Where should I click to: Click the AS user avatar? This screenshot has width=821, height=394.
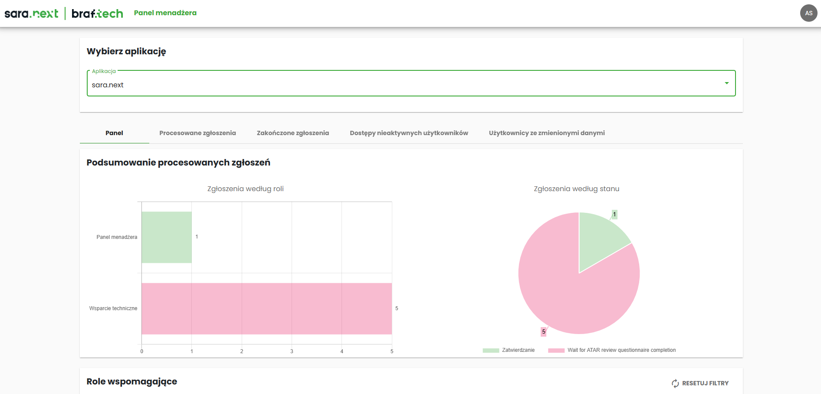point(808,13)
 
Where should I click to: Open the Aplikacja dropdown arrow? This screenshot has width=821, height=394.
point(726,83)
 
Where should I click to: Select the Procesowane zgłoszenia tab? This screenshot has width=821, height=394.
point(197,133)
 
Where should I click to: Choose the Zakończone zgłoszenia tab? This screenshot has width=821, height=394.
point(293,133)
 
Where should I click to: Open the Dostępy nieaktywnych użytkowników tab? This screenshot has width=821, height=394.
point(409,133)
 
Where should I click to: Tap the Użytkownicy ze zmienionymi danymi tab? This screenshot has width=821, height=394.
point(546,133)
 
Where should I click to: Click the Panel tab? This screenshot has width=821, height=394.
point(114,133)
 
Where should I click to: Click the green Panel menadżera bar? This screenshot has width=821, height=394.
point(167,237)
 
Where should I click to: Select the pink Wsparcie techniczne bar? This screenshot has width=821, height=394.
point(266,308)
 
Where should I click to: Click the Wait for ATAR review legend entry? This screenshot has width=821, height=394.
point(612,350)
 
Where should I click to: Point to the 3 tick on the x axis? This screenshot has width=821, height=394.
point(292,351)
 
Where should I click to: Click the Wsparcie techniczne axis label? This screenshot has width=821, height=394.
point(113,308)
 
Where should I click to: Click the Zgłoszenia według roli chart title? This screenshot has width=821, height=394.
point(245,189)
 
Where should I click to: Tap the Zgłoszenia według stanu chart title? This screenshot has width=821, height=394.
point(576,189)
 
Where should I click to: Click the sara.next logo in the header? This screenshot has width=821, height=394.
point(31,13)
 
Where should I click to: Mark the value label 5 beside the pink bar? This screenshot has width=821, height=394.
point(397,308)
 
